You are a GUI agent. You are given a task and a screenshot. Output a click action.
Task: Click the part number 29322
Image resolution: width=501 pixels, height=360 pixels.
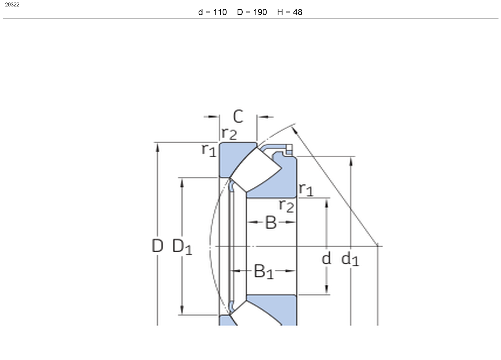12,5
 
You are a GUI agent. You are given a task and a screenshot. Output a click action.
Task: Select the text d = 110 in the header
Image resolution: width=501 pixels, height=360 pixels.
213,12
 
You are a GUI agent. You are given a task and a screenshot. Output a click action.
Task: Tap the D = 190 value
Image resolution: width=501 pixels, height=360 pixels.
252,12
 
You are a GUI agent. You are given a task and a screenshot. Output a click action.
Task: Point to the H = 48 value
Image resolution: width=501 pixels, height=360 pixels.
290,12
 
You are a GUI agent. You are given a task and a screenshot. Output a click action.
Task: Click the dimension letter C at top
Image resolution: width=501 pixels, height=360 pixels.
238,116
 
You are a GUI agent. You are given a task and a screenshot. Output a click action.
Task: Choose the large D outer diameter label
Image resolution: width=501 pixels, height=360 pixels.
157,246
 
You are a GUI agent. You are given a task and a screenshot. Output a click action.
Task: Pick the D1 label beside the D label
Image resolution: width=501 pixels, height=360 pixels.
182,247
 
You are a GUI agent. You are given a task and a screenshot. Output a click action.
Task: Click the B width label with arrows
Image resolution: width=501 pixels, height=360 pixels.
271,222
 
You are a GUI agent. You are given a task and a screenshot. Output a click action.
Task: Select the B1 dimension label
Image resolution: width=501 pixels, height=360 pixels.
264,272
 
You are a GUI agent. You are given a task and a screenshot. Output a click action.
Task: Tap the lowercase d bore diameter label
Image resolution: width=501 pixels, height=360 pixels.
326,258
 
